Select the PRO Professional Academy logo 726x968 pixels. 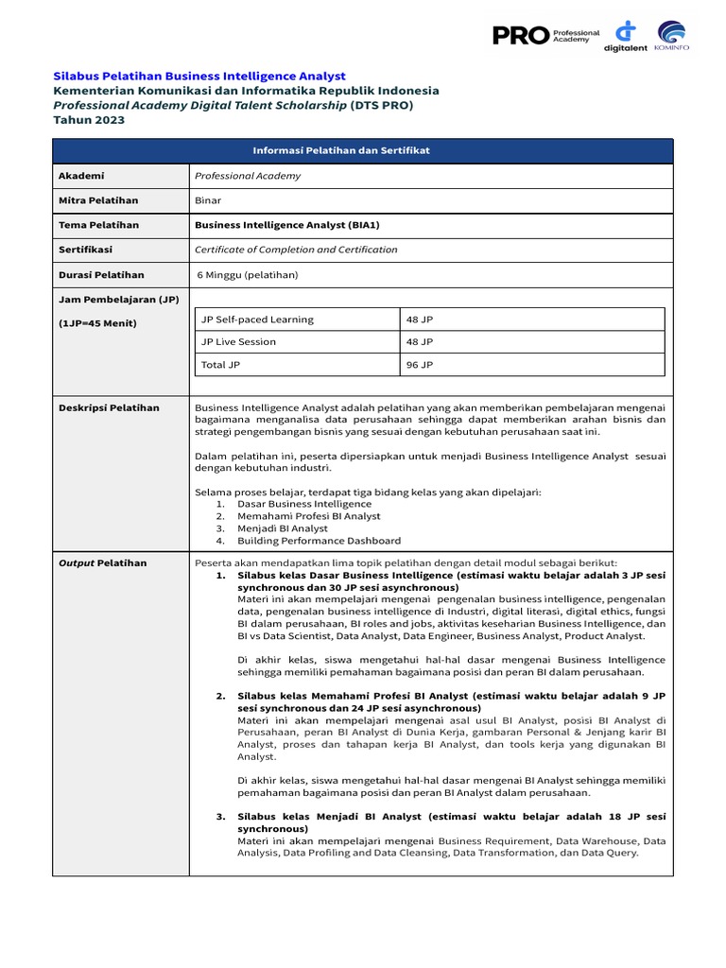545,35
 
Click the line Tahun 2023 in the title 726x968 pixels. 88,120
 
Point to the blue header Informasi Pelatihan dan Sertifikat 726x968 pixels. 362,151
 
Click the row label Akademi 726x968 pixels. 81,176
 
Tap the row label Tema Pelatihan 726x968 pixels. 98,225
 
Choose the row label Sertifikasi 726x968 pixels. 85,250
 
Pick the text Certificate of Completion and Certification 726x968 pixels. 296,250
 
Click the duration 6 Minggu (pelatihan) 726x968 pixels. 248,275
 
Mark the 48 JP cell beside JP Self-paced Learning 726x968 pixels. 420,320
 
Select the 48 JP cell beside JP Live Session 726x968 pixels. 420,342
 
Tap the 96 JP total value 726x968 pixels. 420,364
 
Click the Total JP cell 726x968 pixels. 220,364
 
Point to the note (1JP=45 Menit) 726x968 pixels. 97,323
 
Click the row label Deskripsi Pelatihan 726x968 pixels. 109,408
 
